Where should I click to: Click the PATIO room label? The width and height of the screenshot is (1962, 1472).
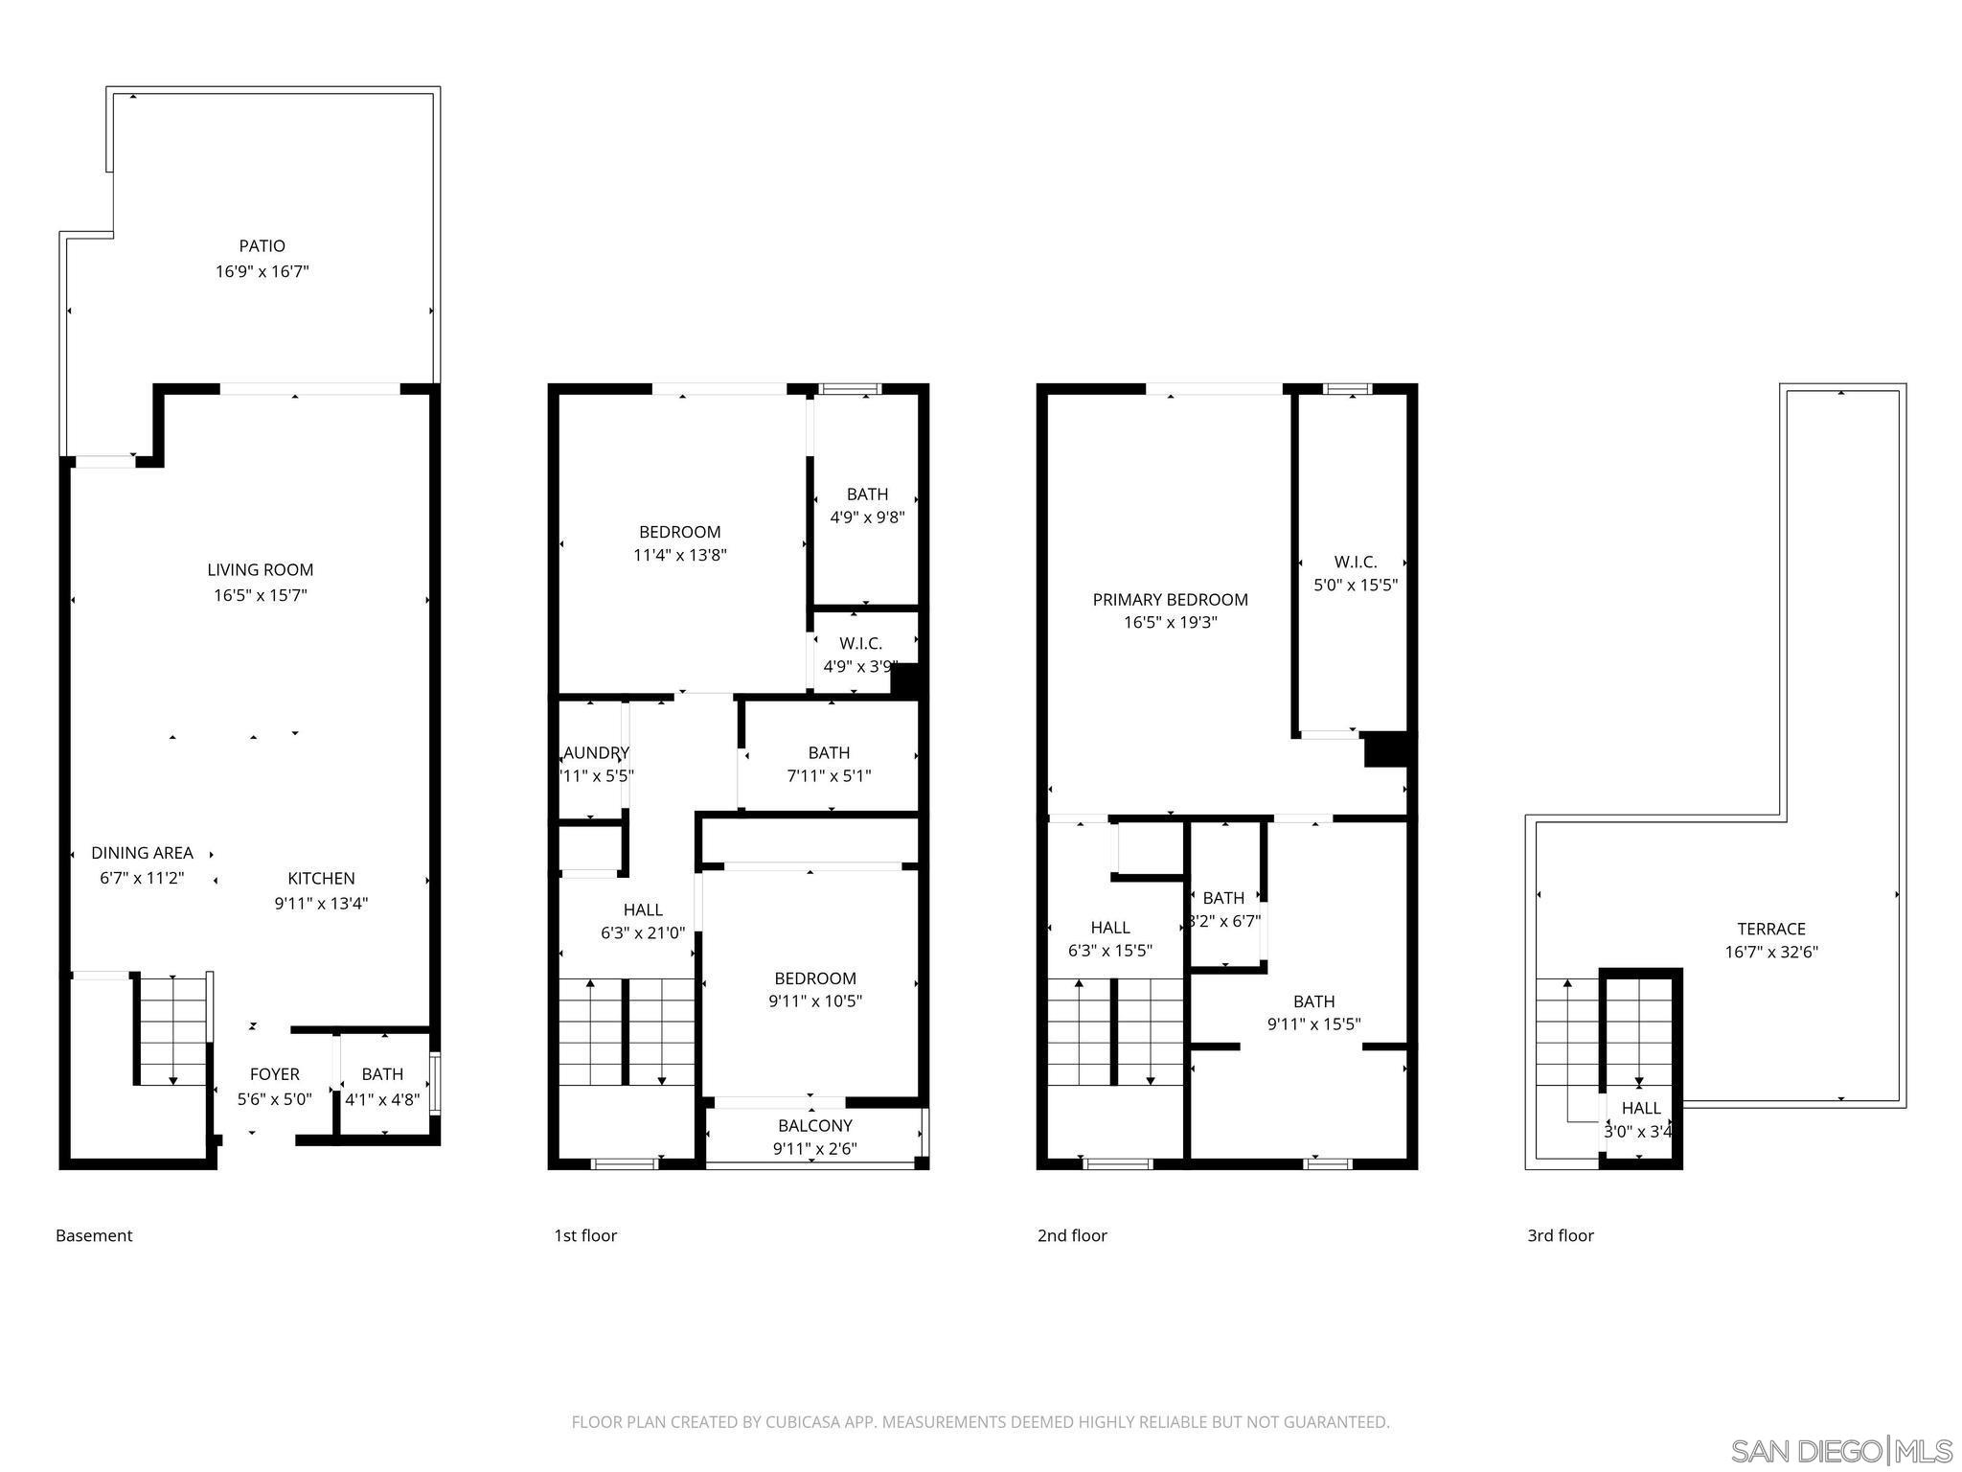pyautogui.click(x=262, y=246)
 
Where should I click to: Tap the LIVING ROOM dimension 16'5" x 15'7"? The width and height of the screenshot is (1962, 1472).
pyautogui.click(x=260, y=595)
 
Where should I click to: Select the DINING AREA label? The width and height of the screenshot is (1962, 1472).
pyautogui.click(x=142, y=853)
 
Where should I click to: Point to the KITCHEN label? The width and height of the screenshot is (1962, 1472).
pyautogui.click(x=321, y=878)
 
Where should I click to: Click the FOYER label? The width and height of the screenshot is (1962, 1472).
pyautogui.click(x=274, y=1074)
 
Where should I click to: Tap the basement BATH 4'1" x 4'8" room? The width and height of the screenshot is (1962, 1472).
pyautogui.click(x=382, y=1087)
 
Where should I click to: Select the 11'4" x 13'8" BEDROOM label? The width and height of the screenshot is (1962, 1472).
pyautogui.click(x=679, y=533)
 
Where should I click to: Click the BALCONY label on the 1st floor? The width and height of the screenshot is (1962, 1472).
pyautogui.click(x=814, y=1125)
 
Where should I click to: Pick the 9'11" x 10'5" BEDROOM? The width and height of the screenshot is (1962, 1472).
pyautogui.click(x=814, y=989)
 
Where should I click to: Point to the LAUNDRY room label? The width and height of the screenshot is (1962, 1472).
pyautogui.click(x=595, y=753)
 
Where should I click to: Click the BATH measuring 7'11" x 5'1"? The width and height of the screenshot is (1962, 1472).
pyautogui.click(x=829, y=764)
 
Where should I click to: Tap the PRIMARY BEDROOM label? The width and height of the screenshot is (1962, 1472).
pyautogui.click(x=1170, y=600)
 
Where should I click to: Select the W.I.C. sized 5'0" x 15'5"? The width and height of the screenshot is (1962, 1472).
pyautogui.click(x=1355, y=573)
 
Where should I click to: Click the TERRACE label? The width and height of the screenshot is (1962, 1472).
pyautogui.click(x=1770, y=929)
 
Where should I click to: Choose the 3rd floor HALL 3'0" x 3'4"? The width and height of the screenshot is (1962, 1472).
pyautogui.click(x=1640, y=1118)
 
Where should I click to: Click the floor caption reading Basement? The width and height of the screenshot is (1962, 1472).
pyautogui.click(x=94, y=1235)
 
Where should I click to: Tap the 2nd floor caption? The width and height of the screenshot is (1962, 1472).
pyautogui.click(x=1071, y=1235)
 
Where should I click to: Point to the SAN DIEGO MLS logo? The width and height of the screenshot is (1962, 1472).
pyautogui.click(x=1839, y=1451)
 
